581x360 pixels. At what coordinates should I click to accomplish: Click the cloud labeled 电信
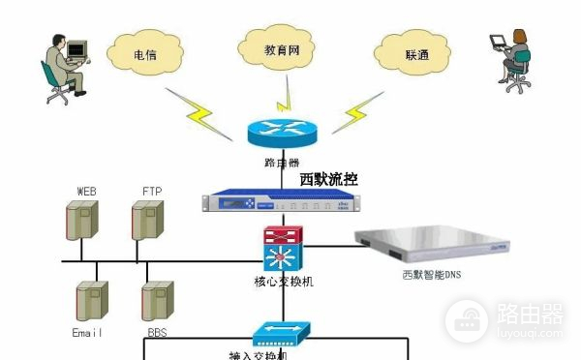145,55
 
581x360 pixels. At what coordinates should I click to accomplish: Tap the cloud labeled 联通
417,55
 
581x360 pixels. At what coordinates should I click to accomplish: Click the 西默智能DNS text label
435,275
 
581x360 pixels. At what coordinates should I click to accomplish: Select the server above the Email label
89,301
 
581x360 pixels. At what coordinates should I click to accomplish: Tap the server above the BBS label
156,301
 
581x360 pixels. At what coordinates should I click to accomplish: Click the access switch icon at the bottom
280,334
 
